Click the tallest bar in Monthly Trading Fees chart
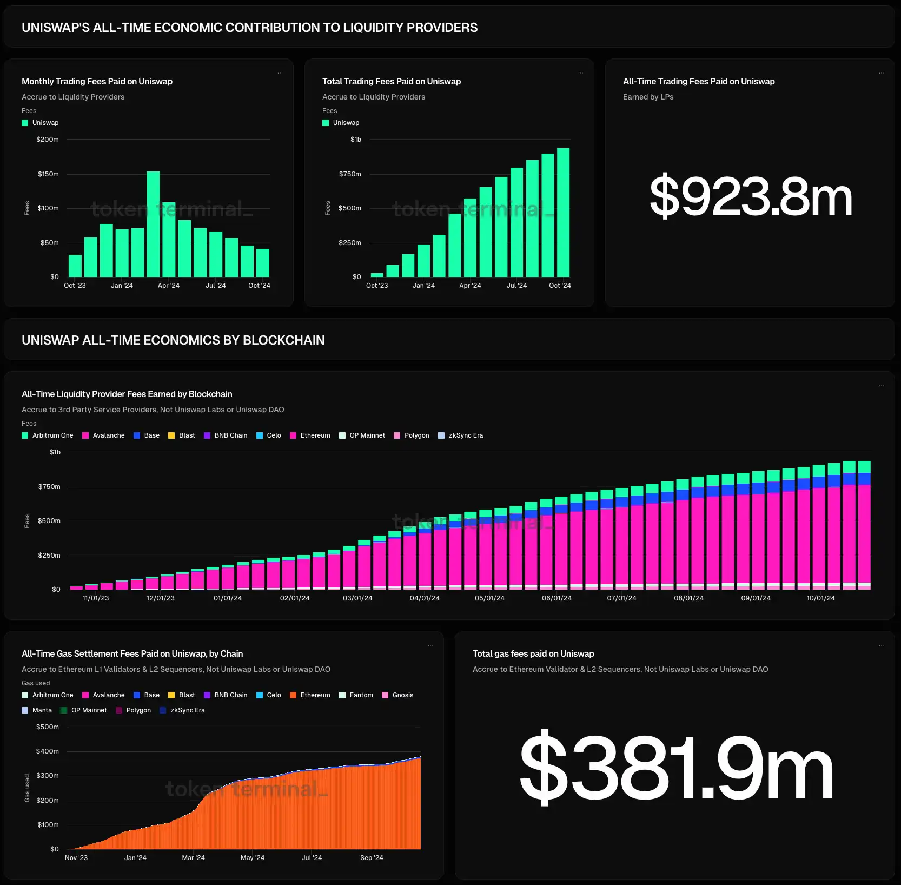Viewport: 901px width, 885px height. (x=154, y=224)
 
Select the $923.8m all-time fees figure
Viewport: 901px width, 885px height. (x=751, y=196)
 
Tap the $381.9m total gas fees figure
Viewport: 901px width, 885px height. (x=676, y=767)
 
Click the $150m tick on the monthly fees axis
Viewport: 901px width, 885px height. (x=48, y=174)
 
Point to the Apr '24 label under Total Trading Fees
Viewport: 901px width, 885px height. (x=470, y=286)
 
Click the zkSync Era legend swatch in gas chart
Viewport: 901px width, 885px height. (x=163, y=710)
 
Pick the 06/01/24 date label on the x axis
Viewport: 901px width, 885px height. (x=556, y=598)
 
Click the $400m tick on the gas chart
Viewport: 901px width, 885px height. (x=48, y=751)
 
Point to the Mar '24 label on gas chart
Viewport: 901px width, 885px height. (x=193, y=858)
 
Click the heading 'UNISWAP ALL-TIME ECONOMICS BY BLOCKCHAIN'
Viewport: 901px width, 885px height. (x=173, y=340)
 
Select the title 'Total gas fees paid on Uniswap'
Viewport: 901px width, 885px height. (x=533, y=654)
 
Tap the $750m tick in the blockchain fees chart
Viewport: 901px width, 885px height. (x=49, y=487)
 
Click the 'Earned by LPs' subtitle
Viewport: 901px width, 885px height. (x=648, y=97)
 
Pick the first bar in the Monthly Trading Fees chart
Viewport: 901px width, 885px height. (x=75, y=266)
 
